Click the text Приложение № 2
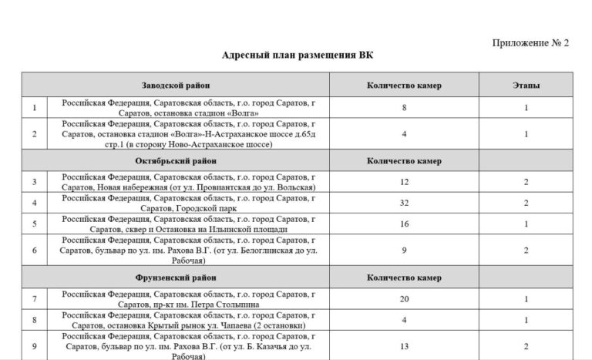530,43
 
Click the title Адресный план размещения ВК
296,56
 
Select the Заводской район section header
176,85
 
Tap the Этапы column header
526,85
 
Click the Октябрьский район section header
176,161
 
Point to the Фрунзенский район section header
176,277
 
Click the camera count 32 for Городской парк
404,204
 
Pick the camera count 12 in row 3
404,182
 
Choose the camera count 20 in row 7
404,298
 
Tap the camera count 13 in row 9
404,346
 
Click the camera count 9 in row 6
404,251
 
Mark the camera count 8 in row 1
404,108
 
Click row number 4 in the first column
35,204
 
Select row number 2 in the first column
35,134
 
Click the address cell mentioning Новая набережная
189,182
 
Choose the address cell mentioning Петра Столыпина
189,298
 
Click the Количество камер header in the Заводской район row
404,85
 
